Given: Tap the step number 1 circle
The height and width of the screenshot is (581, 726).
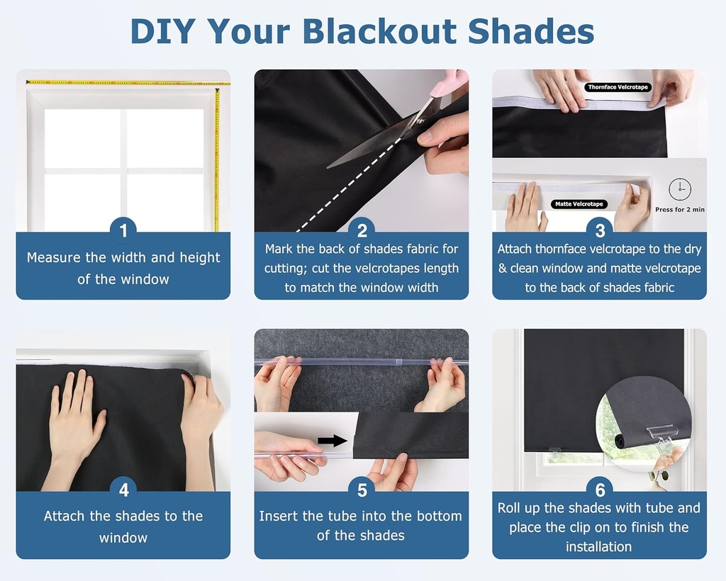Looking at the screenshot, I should click(x=123, y=230).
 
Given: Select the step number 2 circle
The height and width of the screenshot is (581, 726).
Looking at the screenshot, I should click(x=362, y=230).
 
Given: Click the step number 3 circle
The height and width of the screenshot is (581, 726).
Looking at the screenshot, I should click(x=600, y=230).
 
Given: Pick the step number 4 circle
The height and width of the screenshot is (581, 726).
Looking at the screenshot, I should click(x=123, y=489).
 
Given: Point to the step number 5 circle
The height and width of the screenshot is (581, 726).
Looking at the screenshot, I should click(x=362, y=489).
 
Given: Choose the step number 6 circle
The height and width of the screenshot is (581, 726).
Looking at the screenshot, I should click(x=600, y=489).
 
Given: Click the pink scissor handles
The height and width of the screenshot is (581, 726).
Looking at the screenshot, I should click(x=449, y=85).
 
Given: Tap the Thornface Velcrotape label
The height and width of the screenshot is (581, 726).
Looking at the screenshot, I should click(x=618, y=87).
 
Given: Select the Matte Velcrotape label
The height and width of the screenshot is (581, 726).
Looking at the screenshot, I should click(x=579, y=204).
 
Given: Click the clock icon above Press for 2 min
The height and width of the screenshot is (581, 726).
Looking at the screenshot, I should click(x=679, y=188).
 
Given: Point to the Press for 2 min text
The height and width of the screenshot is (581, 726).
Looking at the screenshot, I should click(x=679, y=210).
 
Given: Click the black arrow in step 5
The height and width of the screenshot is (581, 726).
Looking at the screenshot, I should click(x=332, y=441).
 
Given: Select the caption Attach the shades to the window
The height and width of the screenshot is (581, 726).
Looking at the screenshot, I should click(x=123, y=526).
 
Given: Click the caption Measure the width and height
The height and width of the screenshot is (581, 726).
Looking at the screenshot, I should click(x=123, y=268).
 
